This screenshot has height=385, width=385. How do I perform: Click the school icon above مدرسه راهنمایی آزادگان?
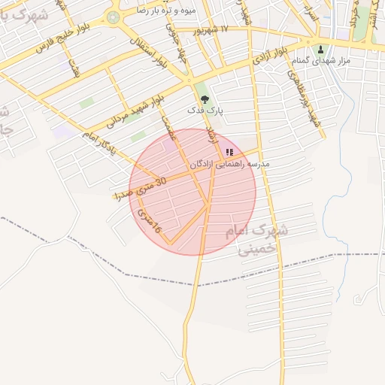click(229, 152)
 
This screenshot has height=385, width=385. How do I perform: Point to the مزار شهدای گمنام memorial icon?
click(321, 50)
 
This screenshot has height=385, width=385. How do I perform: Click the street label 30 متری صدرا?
click(141, 188)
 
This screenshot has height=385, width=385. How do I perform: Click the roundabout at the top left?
click(113, 17)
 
